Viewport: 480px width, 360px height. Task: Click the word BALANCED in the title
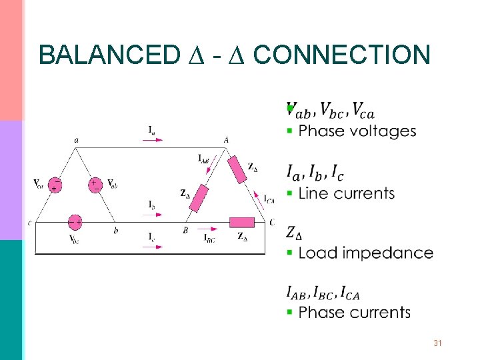[106, 55]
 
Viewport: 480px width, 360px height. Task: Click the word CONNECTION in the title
[342, 55]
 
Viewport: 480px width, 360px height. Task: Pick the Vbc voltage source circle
[75, 222]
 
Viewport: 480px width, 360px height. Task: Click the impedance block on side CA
[238, 169]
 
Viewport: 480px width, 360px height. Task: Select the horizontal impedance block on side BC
[241, 222]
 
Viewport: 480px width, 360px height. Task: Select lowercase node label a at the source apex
[76, 140]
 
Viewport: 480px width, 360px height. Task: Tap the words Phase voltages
[357, 131]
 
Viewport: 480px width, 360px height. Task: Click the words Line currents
[346, 194]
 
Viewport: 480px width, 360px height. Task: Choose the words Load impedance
[365, 253]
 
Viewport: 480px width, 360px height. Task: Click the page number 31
[438, 343]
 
